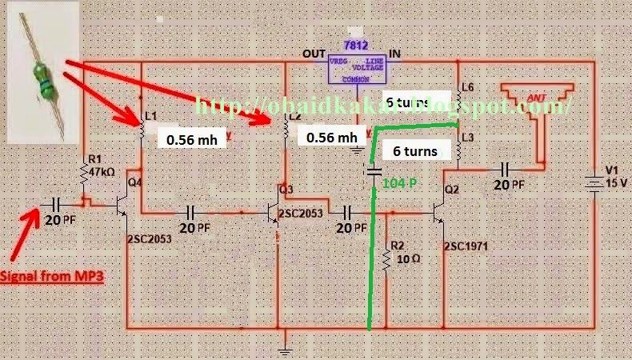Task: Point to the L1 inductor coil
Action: coord(142,127)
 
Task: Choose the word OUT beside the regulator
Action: coord(314,54)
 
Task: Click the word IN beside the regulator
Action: coord(394,54)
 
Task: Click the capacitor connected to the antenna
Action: coord(506,170)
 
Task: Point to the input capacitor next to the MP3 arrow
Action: coord(57,203)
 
